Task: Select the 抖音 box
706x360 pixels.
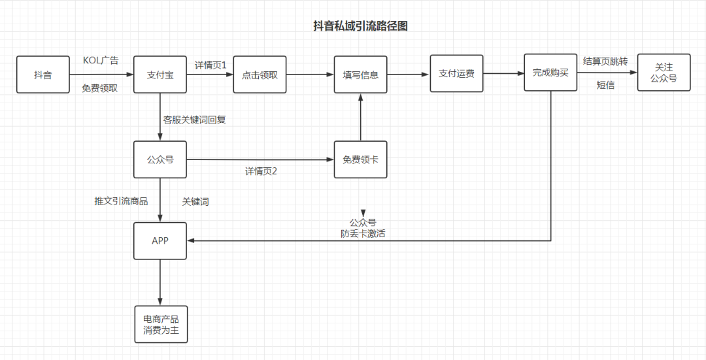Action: click(43, 74)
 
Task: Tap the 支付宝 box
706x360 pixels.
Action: click(160, 74)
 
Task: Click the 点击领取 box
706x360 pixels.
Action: click(260, 74)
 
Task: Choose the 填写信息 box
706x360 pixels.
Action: click(360, 74)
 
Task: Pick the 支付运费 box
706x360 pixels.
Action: click(456, 73)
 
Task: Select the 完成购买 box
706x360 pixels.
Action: click(550, 73)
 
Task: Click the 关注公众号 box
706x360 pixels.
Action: click(664, 73)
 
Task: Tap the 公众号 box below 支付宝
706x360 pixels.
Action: click(160, 159)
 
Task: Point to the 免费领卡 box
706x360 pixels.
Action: click(360, 159)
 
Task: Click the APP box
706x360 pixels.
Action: click(160, 241)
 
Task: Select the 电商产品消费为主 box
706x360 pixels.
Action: click(161, 325)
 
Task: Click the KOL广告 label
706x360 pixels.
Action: click(101, 61)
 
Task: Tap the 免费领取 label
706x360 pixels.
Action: click(100, 88)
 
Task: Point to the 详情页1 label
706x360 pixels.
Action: click(210, 65)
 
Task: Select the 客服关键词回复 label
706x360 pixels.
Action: click(194, 120)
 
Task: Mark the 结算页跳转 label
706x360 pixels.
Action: click(605, 61)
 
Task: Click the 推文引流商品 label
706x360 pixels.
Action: click(121, 201)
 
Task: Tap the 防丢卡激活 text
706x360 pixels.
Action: click(363, 233)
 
